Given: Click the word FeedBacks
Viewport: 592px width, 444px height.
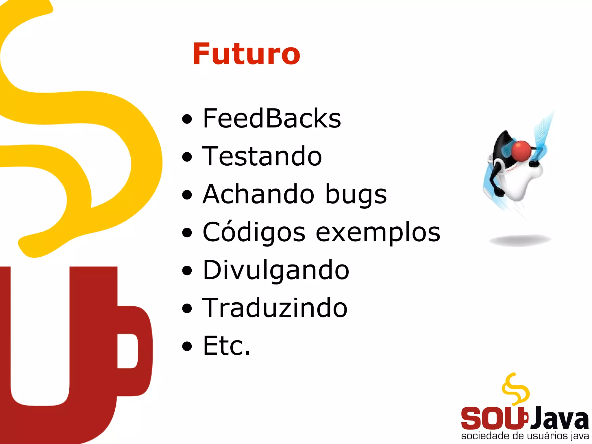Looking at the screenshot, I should tap(272, 118).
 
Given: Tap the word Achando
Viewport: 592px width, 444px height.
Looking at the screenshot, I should tap(258, 194).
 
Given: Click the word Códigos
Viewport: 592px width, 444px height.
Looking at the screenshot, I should tap(254, 232).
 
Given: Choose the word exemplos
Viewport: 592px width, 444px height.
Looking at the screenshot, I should tap(378, 233).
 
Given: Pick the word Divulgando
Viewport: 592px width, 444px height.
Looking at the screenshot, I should tap(276, 270).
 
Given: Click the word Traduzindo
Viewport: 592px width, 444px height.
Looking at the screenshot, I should tap(275, 308).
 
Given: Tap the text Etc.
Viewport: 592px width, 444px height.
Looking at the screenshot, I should tap(226, 346).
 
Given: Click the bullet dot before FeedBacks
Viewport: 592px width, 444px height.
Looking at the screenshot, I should tap(187, 119).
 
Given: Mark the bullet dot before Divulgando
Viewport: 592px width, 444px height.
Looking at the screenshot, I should tap(187, 270).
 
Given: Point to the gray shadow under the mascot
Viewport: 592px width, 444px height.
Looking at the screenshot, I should tap(520, 240).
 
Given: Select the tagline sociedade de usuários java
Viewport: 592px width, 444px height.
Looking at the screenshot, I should tap(525, 436).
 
